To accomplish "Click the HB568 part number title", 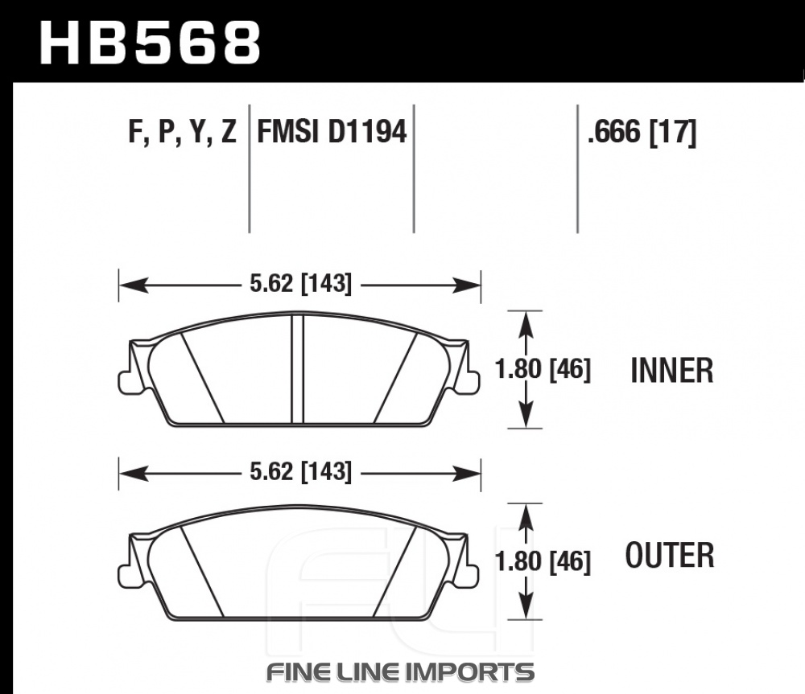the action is [x=150, y=43].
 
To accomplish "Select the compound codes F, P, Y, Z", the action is [x=182, y=132].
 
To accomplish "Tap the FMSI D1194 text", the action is [x=332, y=131].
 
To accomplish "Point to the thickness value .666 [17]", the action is [x=642, y=133].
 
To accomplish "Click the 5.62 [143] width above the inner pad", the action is [x=301, y=284].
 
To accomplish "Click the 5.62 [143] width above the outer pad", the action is [x=301, y=472].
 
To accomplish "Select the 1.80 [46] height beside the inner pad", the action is [x=543, y=369].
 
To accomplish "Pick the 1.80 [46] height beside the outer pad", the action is [x=543, y=561].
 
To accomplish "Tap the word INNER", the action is [x=672, y=371].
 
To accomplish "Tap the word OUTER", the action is [x=670, y=555].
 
